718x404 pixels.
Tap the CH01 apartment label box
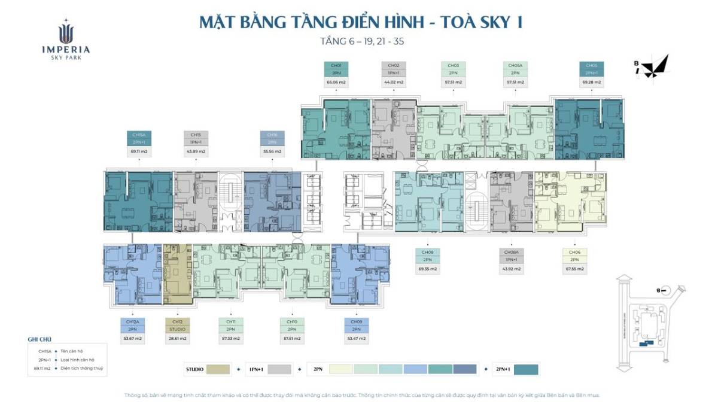pyautogui.click(x=336, y=65)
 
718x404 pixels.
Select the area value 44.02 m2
pyautogui.click(x=393, y=82)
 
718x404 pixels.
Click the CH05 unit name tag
pyautogui.click(x=591, y=65)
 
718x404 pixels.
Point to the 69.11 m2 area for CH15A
pyautogui.click(x=139, y=152)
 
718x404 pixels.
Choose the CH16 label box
pyautogui.click(x=272, y=135)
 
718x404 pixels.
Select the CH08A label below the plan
pyautogui.click(x=512, y=252)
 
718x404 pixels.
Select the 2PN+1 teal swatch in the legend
pyautogui.click(x=526, y=369)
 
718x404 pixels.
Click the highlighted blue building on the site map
pyautogui.click(x=644, y=344)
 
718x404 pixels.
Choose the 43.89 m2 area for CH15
pyautogui.click(x=196, y=152)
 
